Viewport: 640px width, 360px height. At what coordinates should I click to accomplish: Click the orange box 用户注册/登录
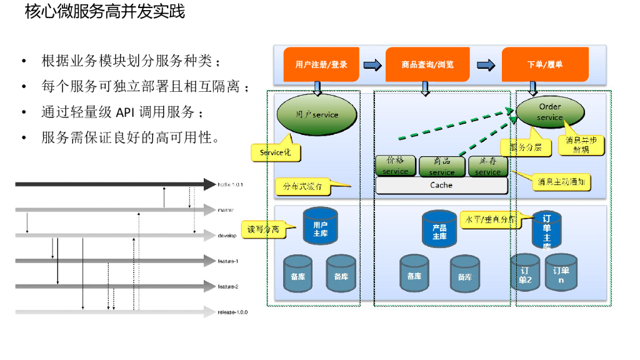coord(321,64)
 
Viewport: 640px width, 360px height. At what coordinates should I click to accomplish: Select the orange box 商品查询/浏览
coord(427,64)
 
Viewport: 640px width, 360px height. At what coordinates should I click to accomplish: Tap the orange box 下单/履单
coord(545,64)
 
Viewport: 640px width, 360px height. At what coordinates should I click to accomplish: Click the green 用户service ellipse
coord(316,114)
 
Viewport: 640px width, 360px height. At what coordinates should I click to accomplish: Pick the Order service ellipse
coord(550,112)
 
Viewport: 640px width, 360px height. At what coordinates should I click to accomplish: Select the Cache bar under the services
coord(441,185)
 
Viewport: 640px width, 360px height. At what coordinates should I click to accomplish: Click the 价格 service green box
coord(395,166)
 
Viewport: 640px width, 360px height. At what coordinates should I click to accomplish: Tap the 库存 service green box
coord(487,166)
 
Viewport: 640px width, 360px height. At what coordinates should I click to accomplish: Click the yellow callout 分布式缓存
coord(302,186)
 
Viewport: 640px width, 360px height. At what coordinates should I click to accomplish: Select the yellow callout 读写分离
coord(263,229)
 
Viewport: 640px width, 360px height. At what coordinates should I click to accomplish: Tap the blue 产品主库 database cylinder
coord(439,229)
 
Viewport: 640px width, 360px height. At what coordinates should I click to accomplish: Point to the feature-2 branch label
coord(228,286)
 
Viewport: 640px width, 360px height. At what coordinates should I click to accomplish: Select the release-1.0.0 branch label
coord(232,312)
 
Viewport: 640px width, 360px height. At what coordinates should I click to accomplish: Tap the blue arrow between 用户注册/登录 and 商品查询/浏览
coord(372,64)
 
